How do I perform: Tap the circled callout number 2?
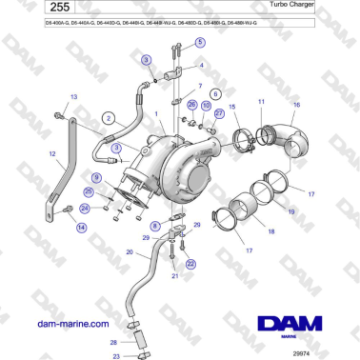[x=109, y=118]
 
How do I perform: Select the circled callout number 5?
[x=199, y=43]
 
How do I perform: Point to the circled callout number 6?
[x=215, y=95]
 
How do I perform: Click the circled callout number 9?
[x=96, y=178]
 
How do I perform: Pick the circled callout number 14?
[x=81, y=228]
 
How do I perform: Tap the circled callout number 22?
[x=190, y=264]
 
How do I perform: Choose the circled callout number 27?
[x=220, y=112]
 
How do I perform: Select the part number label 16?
[x=296, y=104]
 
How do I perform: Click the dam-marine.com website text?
[x=72, y=324]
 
